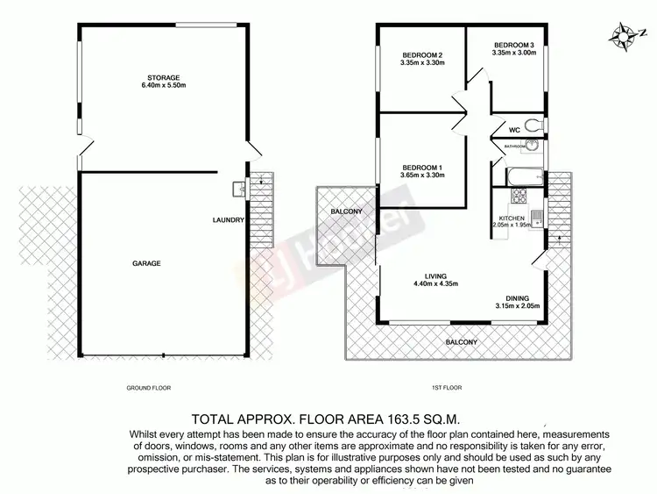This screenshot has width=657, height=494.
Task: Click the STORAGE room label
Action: (x=164, y=77)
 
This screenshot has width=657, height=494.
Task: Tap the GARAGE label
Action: (x=147, y=262)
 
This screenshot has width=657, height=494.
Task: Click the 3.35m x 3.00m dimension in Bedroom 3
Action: (x=512, y=54)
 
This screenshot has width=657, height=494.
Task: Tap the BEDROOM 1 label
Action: (x=423, y=168)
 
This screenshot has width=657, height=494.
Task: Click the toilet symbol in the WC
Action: (x=529, y=125)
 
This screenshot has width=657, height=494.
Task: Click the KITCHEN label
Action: (x=511, y=217)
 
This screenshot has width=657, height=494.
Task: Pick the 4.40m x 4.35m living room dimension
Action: (x=435, y=283)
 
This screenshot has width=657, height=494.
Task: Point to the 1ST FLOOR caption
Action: (x=447, y=387)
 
